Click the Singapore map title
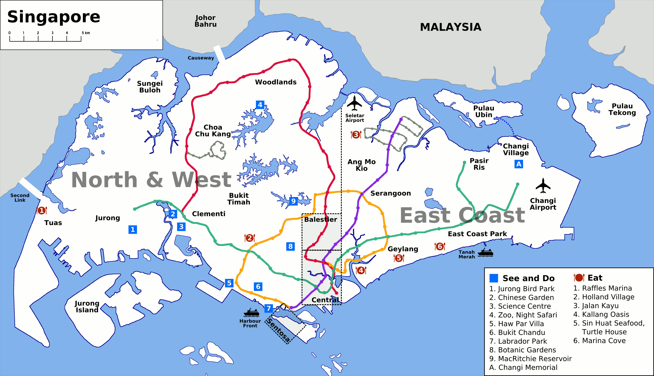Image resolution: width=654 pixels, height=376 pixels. tap(54, 17)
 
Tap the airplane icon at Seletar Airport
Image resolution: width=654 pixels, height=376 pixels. tap(354, 103)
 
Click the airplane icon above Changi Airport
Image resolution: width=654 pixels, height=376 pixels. tap(543, 185)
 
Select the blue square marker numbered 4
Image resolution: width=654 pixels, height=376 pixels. tap(260, 105)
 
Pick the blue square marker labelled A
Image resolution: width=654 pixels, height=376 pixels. tap(519, 164)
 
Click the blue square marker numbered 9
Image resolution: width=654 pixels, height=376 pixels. tap(293, 201)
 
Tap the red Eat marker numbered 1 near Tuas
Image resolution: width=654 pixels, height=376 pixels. tap(41, 211)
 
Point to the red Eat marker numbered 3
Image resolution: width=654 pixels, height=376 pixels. tap(356, 135)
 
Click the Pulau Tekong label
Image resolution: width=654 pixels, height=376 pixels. tap(622, 109)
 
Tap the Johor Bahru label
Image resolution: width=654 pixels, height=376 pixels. tap(205, 21)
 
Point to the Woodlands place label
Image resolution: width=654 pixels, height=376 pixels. tap(276, 82)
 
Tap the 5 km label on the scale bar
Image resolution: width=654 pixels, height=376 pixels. tap(86, 33)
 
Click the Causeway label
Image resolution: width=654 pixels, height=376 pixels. tap(201, 58)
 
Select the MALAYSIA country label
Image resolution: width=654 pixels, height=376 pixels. tap(450, 27)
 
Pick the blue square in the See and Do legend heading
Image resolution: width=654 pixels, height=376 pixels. tap(494, 278)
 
